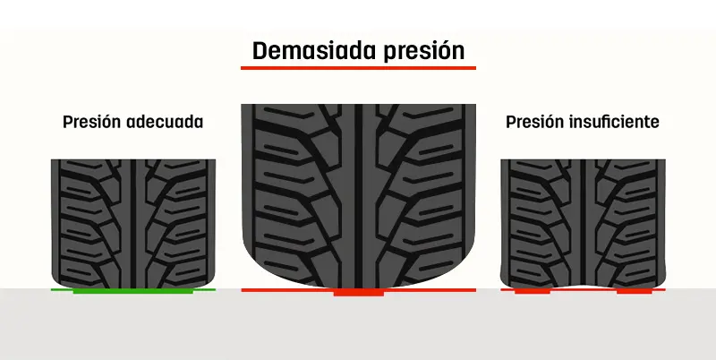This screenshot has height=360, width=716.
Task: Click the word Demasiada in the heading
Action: tap(306, 50)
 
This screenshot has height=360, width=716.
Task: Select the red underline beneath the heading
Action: tap(358, 67)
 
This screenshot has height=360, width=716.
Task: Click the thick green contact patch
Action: tap(133, 291)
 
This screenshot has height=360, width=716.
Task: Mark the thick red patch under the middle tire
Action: tap(358, 292)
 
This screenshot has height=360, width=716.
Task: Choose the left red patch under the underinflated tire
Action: tap(532, 291)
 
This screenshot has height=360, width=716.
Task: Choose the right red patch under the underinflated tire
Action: tap(634, 291)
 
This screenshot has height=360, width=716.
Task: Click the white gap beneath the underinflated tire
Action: tap(583, 287)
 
